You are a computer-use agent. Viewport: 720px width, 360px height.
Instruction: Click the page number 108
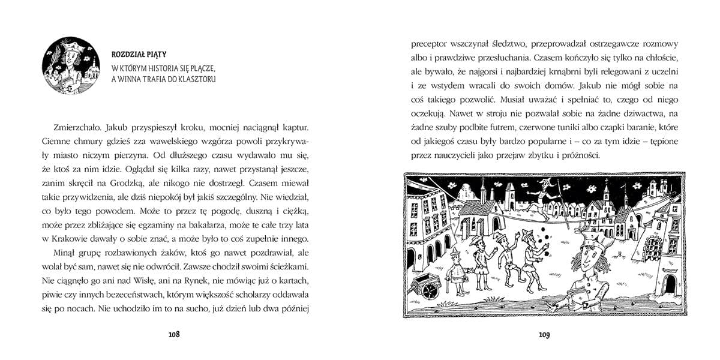coord(175,334)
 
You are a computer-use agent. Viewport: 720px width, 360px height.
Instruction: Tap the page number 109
coord(544,334)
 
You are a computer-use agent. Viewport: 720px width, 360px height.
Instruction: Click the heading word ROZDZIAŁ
coord(131,53)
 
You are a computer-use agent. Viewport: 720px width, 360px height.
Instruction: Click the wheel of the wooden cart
coord(431,289)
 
